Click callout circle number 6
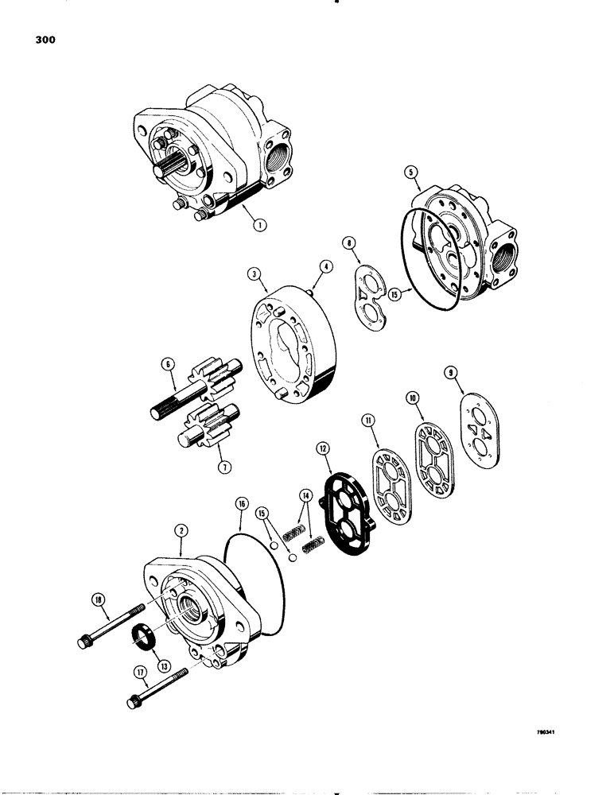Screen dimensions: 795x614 click(167, 364)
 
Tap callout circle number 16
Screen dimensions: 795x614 click(239, 502)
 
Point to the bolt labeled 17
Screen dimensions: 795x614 click(156, 688)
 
